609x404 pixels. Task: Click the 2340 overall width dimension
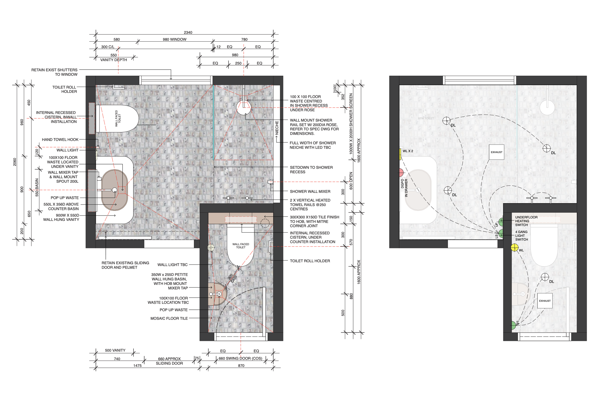tap(188, 32)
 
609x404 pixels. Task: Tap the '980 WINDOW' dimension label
tap(174, 39)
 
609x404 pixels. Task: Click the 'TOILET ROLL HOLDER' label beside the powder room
tap(310, 261)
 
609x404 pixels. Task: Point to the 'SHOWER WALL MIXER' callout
tap(310, 191)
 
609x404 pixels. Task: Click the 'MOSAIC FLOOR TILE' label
tap(169, 319)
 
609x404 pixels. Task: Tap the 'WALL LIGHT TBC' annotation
tap(172, 265)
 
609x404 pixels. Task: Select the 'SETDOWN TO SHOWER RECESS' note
tap(311, 169)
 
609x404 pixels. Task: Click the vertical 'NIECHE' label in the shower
tap(277, 128)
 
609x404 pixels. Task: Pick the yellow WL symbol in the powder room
tap(514, 248)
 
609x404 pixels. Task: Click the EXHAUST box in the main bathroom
tap(496, 152)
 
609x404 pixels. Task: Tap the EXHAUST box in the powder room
tap(545, 301)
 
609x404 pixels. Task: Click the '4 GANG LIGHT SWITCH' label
tap(521, 235)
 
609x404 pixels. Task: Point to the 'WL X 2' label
tap(408, 151)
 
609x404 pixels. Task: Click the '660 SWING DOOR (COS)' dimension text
tap(240, 358)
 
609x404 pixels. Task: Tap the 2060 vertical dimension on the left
tap(15, 162)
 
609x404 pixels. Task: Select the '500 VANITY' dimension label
tap(115, 350)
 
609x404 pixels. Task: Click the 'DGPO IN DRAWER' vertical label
tap(404, 188)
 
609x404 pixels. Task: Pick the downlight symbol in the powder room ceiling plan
tap(545, 277)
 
